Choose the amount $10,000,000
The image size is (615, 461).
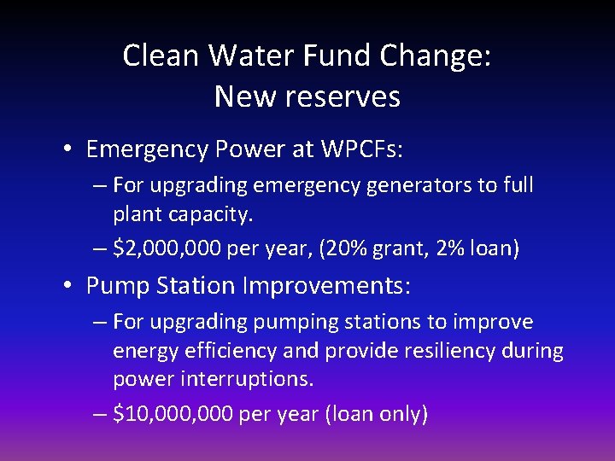tap(171, 415)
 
